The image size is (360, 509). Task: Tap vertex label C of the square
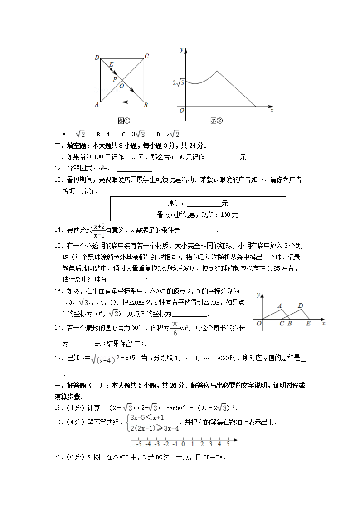coord(146,57)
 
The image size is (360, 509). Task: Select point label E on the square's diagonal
coord(111,64)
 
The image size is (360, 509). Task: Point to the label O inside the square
coord(122,85)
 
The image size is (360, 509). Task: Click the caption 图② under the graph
coord(217,121)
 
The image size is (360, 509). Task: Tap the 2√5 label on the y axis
coord(178,82)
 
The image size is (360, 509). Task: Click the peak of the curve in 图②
coord(217,71)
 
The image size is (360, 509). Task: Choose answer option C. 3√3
coord(133,135)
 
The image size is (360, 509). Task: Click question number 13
coord(58,180)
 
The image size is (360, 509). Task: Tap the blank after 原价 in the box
coord(204,204)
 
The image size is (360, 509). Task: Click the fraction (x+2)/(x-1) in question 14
coord(99,230)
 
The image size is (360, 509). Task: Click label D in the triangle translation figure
coord(300,306)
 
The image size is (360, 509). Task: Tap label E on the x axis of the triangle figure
coord(308,324)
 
